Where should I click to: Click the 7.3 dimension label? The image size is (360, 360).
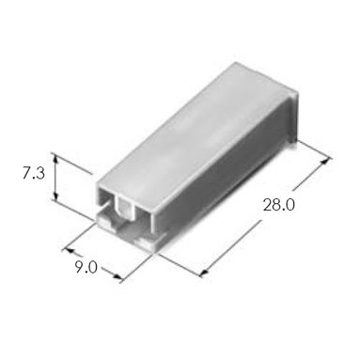34,173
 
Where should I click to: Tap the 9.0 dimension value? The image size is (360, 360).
86,267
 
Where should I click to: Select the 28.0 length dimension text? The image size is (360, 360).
278,205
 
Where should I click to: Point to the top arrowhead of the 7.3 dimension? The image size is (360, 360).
55,159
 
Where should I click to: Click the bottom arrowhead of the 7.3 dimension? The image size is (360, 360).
55,196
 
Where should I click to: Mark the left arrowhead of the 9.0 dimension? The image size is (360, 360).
69,251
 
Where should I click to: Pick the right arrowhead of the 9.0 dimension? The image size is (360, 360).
117,276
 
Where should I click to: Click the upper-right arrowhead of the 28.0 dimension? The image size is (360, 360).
326,162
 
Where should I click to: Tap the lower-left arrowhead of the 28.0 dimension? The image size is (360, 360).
205,272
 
